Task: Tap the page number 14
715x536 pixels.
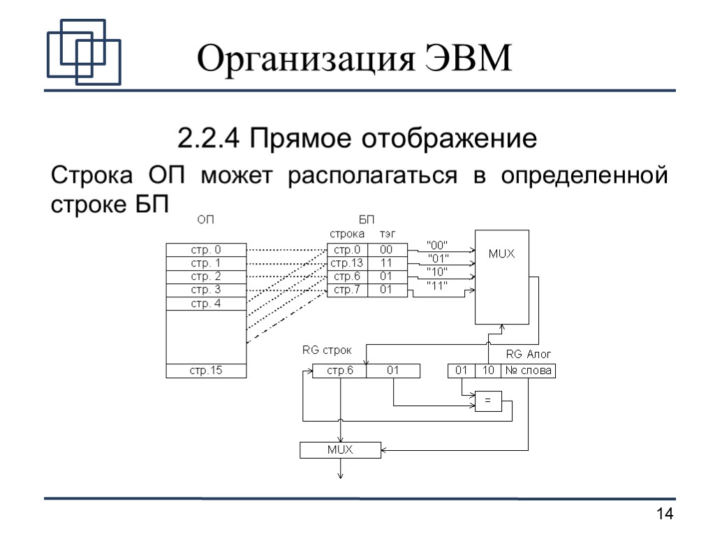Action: pos(665,515)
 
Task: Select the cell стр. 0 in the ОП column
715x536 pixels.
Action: pos(206,250)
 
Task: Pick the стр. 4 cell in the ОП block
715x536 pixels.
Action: pos(206,304)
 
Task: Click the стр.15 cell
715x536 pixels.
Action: pos(206,371)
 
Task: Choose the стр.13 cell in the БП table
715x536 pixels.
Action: pos(347,263)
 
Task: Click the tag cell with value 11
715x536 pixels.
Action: pos(385,263)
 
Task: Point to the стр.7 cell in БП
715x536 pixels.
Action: pos(347,290)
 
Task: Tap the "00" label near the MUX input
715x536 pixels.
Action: pos(437,245)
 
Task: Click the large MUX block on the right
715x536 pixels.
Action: pos(501,276)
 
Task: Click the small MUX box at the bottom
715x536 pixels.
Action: pos(340,450)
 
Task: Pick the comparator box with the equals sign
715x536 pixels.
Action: pos(488,401)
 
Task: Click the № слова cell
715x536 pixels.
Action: pos(528,371)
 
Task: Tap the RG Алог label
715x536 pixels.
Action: pos(529,355)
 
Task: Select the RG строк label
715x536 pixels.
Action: pos(327,350)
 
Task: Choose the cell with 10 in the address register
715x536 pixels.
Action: pos(488,371)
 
